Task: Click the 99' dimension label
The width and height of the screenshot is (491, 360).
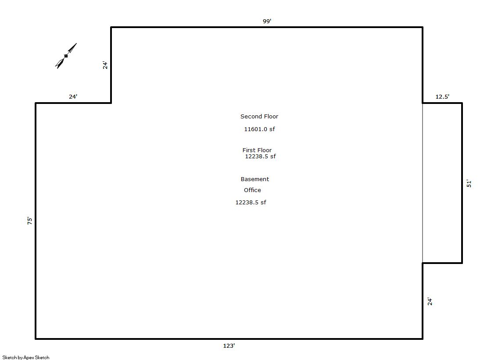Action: coord(267,21)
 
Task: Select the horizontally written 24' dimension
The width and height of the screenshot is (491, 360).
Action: coord(73,96)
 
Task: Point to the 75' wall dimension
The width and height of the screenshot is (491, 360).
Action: coord(30,221)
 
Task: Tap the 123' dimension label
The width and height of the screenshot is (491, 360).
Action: coord(229,346)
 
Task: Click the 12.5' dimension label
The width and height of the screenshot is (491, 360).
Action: coord(442,97)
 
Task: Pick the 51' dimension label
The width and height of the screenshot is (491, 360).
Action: coord(469,183)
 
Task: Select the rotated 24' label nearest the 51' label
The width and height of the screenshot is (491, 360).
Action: coord(430,301)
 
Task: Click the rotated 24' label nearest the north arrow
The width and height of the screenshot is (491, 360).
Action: coord(105,65)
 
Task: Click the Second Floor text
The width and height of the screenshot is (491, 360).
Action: coord(259,117)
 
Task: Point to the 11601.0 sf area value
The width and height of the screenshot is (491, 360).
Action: coord(260,129)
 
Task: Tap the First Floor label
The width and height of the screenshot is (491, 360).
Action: coord(257,150)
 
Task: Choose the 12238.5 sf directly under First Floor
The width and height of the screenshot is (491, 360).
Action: coord(260,156)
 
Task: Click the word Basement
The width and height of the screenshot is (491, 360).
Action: coord(255,179)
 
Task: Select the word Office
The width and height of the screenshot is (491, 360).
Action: coord(252,190)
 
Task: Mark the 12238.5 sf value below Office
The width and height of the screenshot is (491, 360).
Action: coord(251,202)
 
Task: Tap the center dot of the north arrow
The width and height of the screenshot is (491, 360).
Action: coord(66,56)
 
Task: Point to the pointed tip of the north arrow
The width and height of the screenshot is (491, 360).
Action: coord(76,43)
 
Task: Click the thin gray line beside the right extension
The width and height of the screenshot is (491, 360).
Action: coord(423,183)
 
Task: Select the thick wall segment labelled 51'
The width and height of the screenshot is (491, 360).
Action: coord(462,183)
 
